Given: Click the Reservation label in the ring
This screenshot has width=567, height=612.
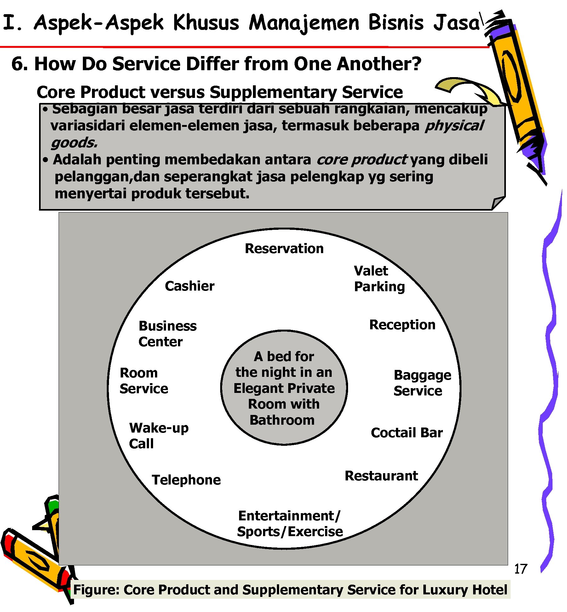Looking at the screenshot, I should coord(284,249).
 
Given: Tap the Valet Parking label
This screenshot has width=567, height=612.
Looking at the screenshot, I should coord(379,279).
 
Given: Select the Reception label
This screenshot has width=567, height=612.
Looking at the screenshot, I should coord(402,325).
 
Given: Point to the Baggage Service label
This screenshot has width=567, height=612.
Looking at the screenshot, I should coord(422,383).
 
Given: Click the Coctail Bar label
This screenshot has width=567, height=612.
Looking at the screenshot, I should coord(407,433).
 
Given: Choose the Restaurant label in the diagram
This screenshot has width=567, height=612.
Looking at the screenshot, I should coord(381,476).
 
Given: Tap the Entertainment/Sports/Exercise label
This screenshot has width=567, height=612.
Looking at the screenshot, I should coord(290,524).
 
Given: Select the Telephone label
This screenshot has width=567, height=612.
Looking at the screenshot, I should coord(186,480).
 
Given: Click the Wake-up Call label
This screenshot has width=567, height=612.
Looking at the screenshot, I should coord(159,436).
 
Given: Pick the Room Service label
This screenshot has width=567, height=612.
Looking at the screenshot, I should coord(144,381).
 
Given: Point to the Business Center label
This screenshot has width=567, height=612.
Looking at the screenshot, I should coord(167,334).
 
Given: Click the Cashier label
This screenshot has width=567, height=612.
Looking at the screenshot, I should coord(190,286).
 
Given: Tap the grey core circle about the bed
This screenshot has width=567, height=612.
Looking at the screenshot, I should coord(284,388).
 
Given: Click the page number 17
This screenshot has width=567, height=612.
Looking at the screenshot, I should coord(520,569).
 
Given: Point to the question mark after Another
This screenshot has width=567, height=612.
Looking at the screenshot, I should coord(416,64).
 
